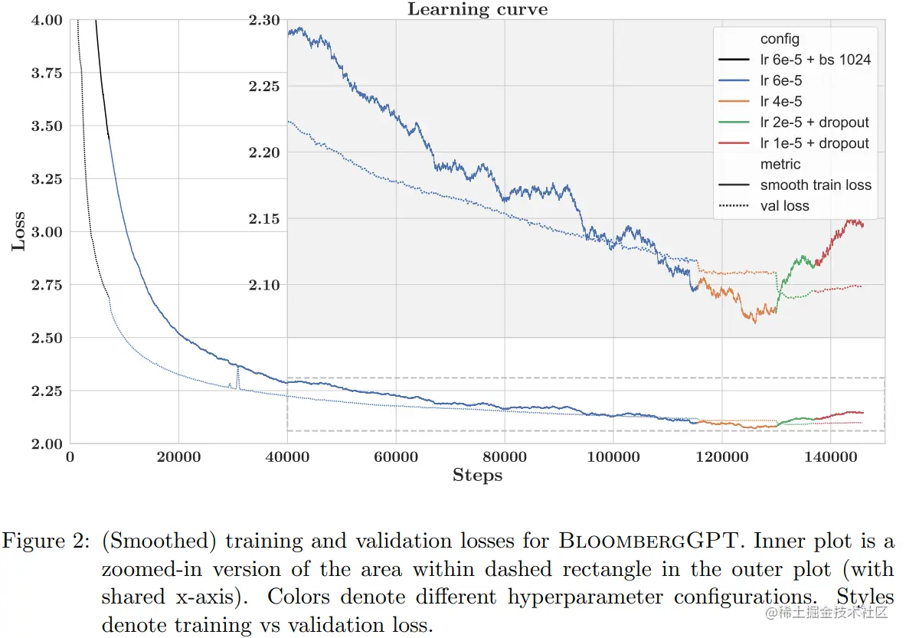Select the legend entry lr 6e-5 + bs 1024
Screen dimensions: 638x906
pos(815,60)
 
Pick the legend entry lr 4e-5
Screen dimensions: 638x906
pos(781,101)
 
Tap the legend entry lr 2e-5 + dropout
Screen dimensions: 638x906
pos(814,123)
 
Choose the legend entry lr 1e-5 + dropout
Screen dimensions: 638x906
pos(814,143)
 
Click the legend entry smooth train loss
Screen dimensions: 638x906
pos(816,185)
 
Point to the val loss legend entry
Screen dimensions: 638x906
pos(784,205)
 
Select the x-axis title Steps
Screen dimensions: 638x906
pos(477,476)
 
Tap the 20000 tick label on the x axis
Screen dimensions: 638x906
pos(178,456)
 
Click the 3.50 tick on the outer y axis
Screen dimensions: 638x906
pos(47,126)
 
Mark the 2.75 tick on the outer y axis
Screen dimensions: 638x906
pos(47,285)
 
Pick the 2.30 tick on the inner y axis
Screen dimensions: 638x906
pos(264,21)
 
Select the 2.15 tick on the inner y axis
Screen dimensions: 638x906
pos(264,220)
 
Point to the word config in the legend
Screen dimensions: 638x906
pos(780,39)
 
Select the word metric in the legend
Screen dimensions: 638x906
pos(780,164)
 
